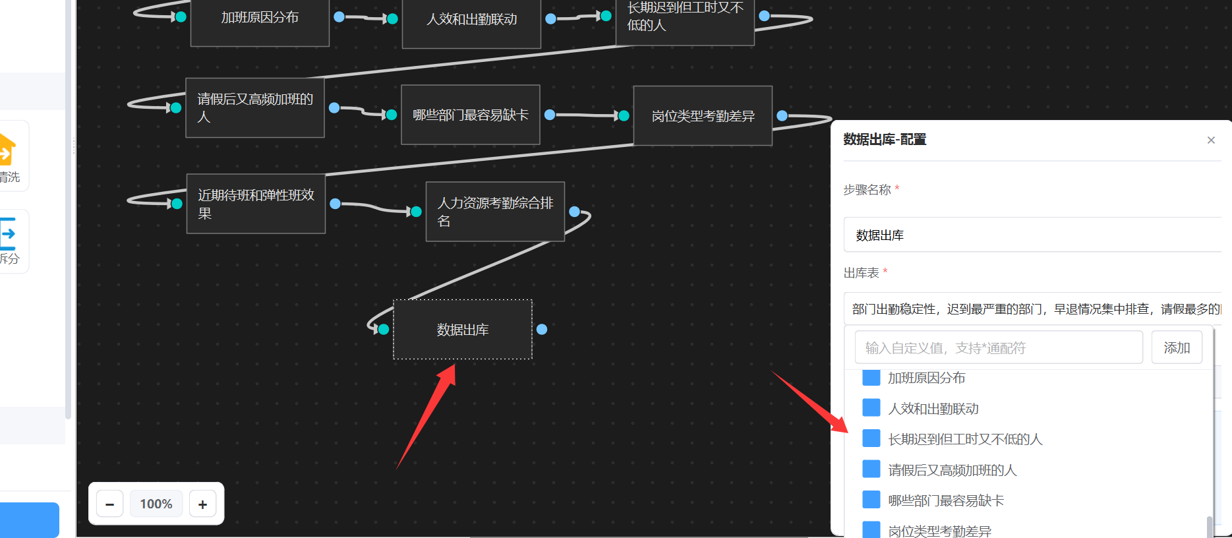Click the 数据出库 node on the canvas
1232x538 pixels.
462,330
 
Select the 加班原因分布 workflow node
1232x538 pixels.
260,18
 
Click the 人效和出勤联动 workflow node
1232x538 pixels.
471,20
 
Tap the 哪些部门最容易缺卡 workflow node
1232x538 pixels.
470,115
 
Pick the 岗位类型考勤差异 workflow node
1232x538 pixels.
703,116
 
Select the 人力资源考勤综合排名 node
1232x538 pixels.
495,212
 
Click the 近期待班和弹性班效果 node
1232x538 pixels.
256,204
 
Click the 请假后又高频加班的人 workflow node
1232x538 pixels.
255,107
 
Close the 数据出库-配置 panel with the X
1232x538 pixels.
1211,140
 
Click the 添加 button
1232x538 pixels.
1177,347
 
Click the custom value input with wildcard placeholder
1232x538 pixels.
998,347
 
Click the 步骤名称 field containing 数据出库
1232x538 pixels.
1032,235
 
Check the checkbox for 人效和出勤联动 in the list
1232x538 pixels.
871,408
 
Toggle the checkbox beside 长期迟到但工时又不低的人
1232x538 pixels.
871,438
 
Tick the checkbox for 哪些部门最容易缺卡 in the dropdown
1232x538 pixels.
871,500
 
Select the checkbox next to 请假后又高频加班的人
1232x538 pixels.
871,469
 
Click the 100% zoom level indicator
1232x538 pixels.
156,504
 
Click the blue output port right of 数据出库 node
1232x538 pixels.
542,329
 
